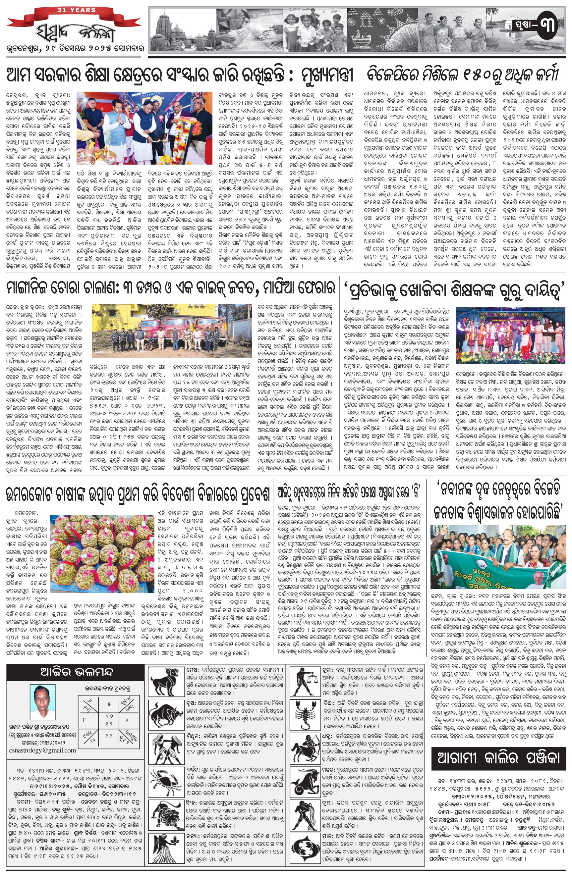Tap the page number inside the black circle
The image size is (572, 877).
(546, 26)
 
